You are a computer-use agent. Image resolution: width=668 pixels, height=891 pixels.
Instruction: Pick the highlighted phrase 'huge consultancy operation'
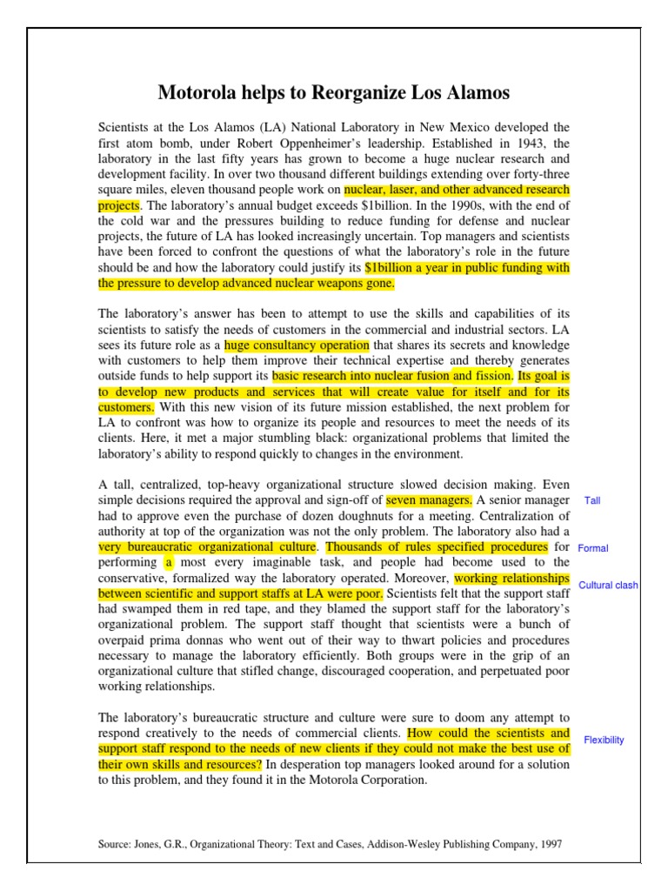pyautogui.click(x=297, y=345)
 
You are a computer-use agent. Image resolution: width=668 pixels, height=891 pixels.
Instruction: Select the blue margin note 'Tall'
pyautogui.click(x=592, y=501)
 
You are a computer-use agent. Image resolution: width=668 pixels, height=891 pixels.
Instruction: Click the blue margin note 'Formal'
pyautogui.click(x=593, y=548)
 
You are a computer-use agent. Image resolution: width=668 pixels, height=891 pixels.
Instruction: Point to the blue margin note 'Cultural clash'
pyautogui.click(x=608, y=586)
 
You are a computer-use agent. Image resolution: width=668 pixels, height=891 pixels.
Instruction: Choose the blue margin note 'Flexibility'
pyautogui.click(x=604, y=740)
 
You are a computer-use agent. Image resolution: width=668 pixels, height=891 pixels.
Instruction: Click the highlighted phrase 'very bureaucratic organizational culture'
pyautogui.click(x=208, y=547)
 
